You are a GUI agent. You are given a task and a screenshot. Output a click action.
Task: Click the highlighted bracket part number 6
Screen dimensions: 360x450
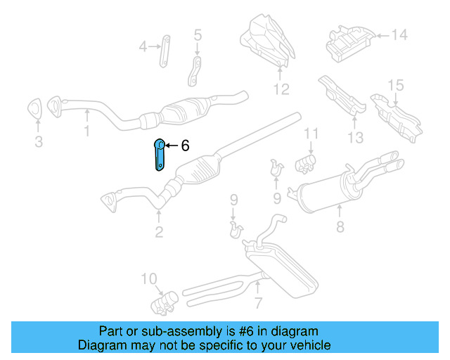point(159,155)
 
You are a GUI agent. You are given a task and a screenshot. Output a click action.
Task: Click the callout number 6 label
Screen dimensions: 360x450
point(185,146)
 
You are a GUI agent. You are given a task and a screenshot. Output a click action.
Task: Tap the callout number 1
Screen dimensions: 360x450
point(86,131)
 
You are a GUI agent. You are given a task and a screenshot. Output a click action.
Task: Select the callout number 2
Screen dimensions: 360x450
point(159,231)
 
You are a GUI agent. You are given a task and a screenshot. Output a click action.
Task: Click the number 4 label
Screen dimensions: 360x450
point(143,47)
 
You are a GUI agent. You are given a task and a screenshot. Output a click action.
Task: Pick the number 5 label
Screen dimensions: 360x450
point(197,34)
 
